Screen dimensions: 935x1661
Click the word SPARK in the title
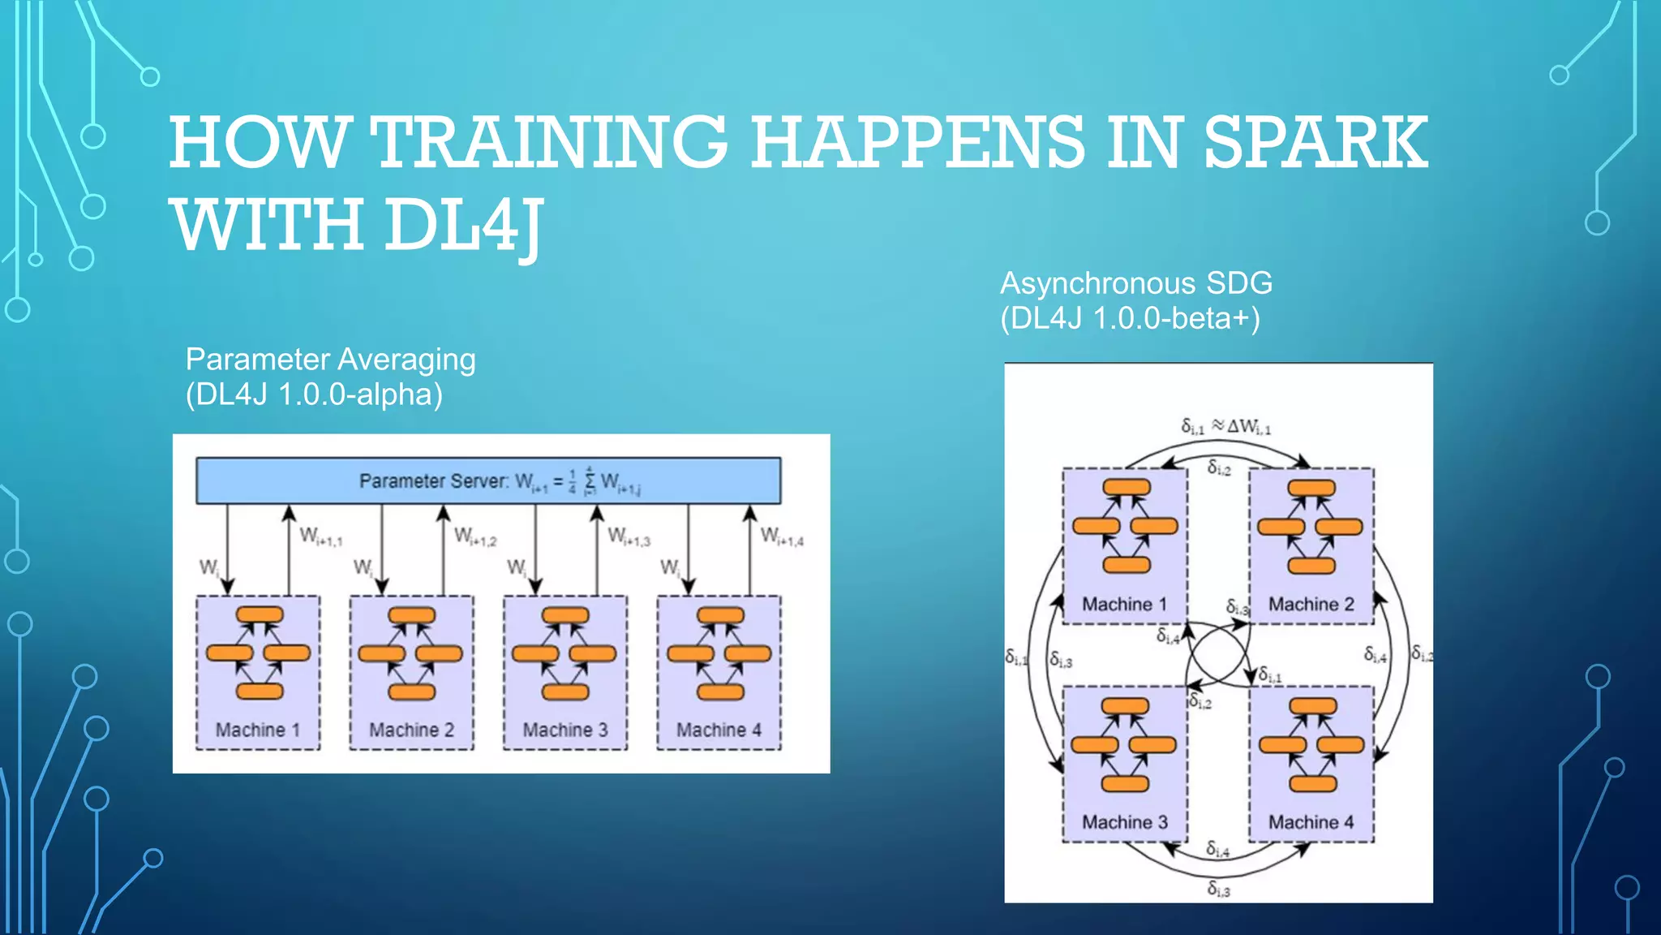point(1315,143)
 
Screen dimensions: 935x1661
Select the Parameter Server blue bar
point(488,480)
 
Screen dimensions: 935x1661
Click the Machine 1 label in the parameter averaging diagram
point(257,730)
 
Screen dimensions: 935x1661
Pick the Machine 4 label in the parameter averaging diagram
point(719,730)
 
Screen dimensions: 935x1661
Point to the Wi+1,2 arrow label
point(474,536)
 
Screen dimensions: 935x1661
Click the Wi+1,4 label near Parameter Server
point(782,536)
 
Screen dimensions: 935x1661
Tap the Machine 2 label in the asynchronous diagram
point(1311,604)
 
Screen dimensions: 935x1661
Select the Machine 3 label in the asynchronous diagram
point(1124,822)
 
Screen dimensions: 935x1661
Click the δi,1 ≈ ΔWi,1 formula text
point(1225,427)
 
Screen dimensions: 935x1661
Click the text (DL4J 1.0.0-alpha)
point(314,394)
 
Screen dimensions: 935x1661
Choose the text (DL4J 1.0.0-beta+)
point(1130,318)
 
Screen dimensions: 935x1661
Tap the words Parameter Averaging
point(330,360)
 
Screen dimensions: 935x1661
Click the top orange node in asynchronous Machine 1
point(1126,487)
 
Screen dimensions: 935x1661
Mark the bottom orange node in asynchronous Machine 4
point(1312,783)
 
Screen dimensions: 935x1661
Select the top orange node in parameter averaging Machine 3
point(565,614)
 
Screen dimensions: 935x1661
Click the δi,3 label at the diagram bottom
point(1218,889)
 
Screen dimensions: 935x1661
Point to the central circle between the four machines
point(1218,655)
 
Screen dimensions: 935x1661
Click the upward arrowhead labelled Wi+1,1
point(289,513)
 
